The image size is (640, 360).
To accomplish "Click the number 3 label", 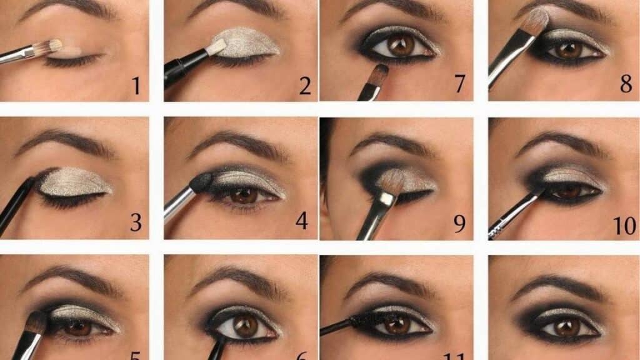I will click(x=136, y=222).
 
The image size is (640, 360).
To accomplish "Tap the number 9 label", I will click(x=459, y=223).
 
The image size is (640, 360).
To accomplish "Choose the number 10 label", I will click(x=624, y=224).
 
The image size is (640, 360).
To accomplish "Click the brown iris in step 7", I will click(x=400, y=46).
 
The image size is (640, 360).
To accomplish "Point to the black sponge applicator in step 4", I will click(x=201, y=183).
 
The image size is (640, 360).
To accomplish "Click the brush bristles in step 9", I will click(x=392, y=182).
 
